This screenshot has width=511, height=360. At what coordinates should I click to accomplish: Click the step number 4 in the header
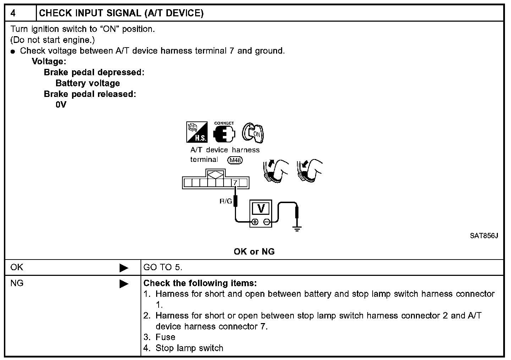pos(13,13)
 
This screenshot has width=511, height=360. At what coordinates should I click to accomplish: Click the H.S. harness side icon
pos(197,132)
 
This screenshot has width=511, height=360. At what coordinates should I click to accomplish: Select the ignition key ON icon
pos(253,133)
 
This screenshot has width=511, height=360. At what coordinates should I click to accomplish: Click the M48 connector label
pos(235,160)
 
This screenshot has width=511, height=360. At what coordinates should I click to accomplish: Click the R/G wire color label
pos(226,202)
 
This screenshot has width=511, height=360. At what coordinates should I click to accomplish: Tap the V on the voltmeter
pos(261,209)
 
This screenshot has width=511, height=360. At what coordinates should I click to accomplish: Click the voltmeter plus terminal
pos(254,223)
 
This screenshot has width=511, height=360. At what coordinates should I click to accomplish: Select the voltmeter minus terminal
pos(267,223)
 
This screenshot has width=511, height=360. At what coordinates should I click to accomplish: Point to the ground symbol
pos(297,228)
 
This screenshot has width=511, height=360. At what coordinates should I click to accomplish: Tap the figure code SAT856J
pos(484,236)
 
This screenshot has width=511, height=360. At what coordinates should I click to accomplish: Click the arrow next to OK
pos(124,268)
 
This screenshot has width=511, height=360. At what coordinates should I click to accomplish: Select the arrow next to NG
pos(124,284)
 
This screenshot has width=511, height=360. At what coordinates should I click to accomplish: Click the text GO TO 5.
pos(163,267)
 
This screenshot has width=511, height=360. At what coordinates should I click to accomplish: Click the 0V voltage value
pos(61,105)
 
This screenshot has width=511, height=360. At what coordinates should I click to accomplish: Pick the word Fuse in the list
pos(165,337)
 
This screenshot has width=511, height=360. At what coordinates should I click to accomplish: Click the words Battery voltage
pos(88,83)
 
